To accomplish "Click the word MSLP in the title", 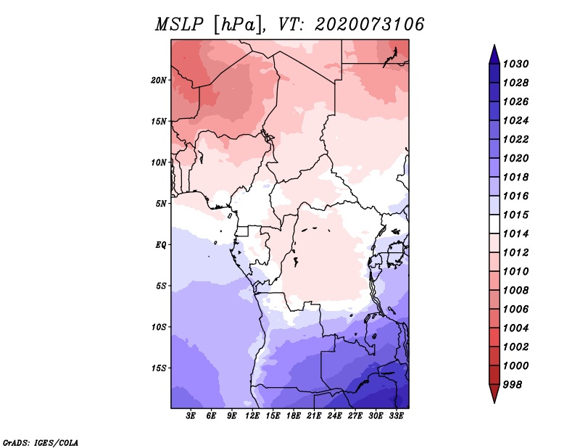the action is (x=179, y=25).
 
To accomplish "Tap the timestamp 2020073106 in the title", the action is (x=369, y=25).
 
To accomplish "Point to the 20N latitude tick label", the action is (x=159, y=80).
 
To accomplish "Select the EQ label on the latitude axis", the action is (x=161, y=245).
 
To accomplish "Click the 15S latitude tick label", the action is (x=159, y=368).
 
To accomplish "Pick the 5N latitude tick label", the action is (x=161, y=204).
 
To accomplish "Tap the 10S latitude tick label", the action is (x=159, y=327).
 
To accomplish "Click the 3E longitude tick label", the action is (x=191, y=415).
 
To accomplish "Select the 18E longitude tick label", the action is (x=294, y=415).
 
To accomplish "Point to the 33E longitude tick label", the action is (x=396, y=415).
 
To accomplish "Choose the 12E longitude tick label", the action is (x=252, y=415).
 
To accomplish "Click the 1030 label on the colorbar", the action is (x=515, y=64).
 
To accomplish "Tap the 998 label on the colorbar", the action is (x=513, y=385).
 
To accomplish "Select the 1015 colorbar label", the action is (x=515, y=215).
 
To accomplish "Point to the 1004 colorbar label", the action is (x=515, y=328).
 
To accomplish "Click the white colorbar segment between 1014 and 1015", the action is (x=494, y=224).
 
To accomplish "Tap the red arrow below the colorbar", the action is (x=494, y=393).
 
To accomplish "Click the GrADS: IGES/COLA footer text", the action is (x=41, y=443).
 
